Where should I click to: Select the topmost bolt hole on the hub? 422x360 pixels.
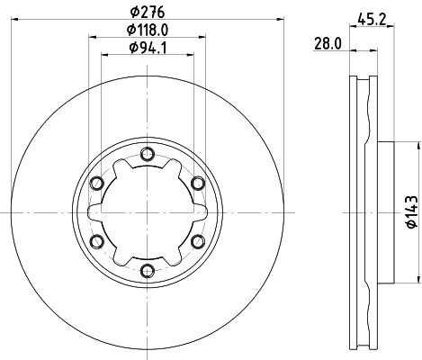tap(146, 153)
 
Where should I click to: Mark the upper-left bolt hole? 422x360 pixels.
tap(95, 182)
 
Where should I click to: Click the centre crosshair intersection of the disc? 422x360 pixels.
tap(146, 211)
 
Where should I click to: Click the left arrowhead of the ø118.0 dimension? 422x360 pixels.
tap(91, 37)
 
